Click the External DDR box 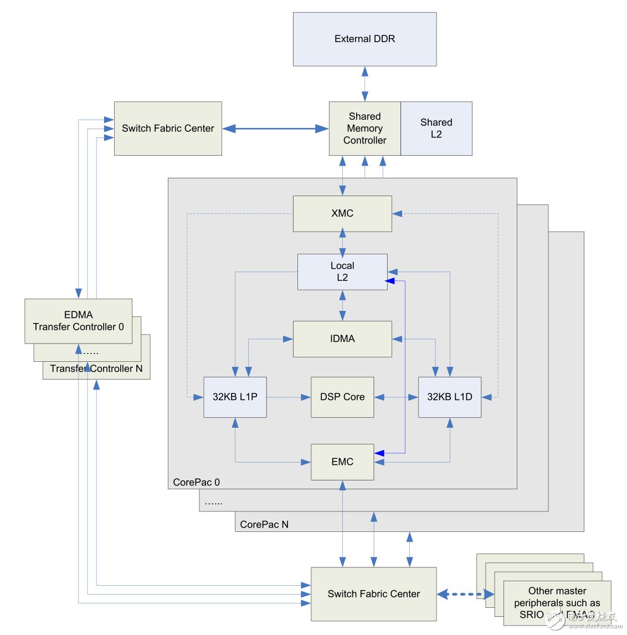pyautogui.click(x=364, y=39)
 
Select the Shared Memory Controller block pyautogui.click(x=364, y=129)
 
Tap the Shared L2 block pyautogui.click(x=436, y=129)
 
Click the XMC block pyautogui.click(x=342, y=213)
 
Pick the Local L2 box pyautogui.click(x=342, y=272)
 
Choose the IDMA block pyautogui.click(x=342, y=339)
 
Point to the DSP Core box pyautogui.click(x=342, y=397)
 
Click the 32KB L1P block pyautogui.click(x=235, y=397)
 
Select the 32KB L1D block pyautogui.click(x=449, y=397)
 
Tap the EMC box pyautogui.click(x=342, y=462)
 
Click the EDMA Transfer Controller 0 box pyautogui.click(x=78, y=321)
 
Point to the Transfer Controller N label pyautogui.click(x=96, y=369)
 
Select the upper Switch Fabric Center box pyautogui.click(x=168, y=129)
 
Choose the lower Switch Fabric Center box pyautogui.click(x=373, y=594)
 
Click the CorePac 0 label pyautogui.click(x=196, y=482)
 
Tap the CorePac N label pyautogui.click(x=264, y=524)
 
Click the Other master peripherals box pyautogui.click(x=557, y=603)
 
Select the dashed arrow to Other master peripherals pyautogui.click(x=465, y=595)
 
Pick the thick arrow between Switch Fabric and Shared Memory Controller pyautogui.click(x=275, y=129)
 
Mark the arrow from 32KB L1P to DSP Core pyautogui.click(x=288, y=397)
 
